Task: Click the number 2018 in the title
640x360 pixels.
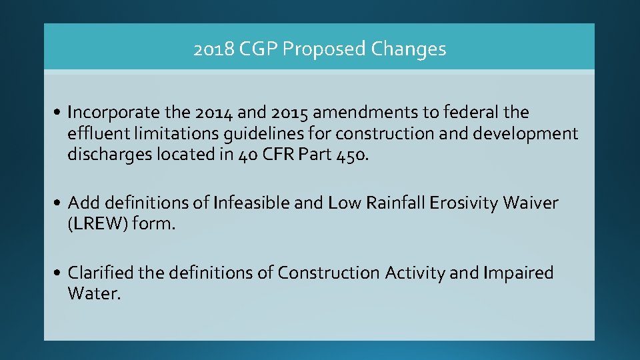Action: (x=211, y=49)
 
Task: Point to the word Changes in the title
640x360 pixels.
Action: (x=409, y=49)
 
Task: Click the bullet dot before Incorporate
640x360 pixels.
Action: (x=60, y=112)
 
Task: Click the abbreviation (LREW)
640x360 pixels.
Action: (x=98, y=224)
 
